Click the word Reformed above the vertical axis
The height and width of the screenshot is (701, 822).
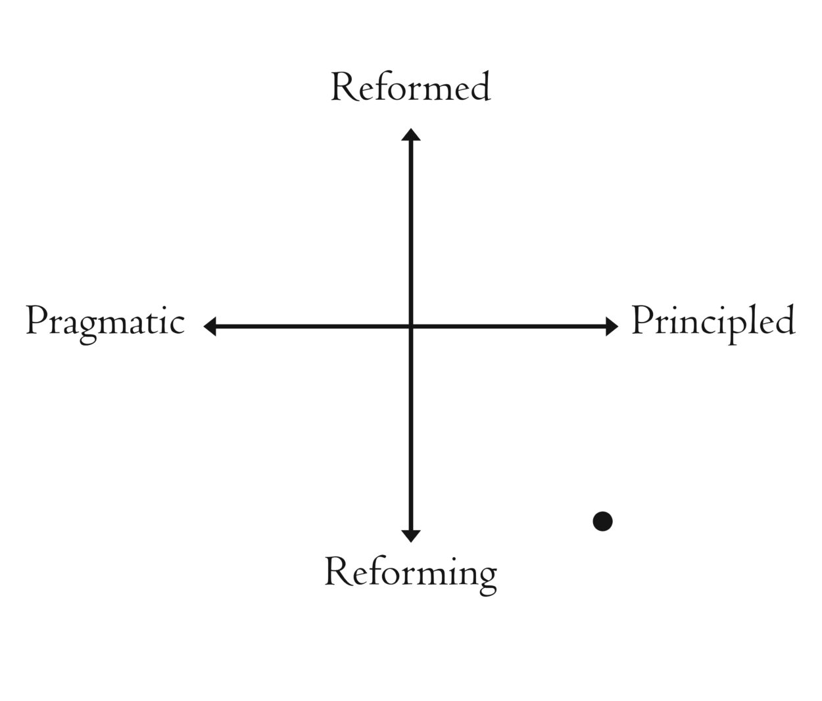tap(410, 87)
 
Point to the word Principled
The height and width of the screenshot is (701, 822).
tap(713, 322)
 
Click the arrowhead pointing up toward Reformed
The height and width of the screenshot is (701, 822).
tap(411, 135)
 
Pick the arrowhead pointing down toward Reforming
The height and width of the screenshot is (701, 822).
tap(411, 535)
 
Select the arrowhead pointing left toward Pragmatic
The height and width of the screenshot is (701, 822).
tap(210, 326)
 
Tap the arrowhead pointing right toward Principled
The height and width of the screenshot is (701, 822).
tap(612, 326)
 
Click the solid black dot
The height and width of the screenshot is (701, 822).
tap(602, 522)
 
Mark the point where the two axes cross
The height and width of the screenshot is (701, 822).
tap(411, 326)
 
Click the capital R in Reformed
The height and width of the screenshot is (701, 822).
tap(341, 88)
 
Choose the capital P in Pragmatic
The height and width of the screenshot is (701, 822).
tap(36, 322)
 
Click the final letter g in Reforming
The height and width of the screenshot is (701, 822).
tap(487, 577)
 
